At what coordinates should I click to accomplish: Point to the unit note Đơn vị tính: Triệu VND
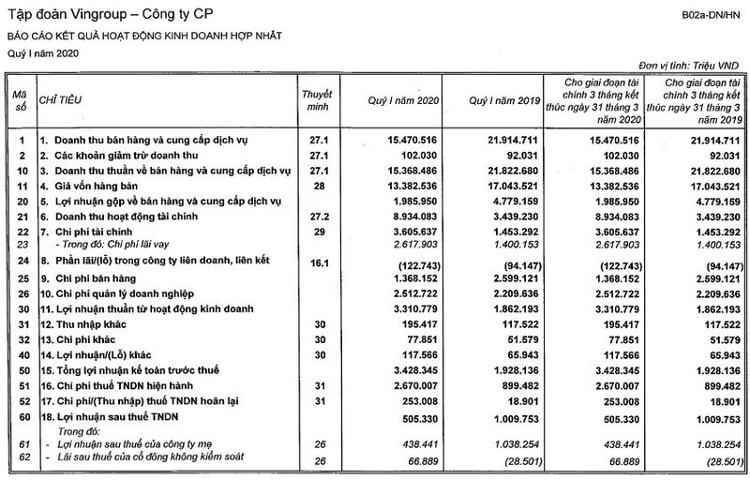coord(688,67)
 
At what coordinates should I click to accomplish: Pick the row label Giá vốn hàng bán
coord(89,186)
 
